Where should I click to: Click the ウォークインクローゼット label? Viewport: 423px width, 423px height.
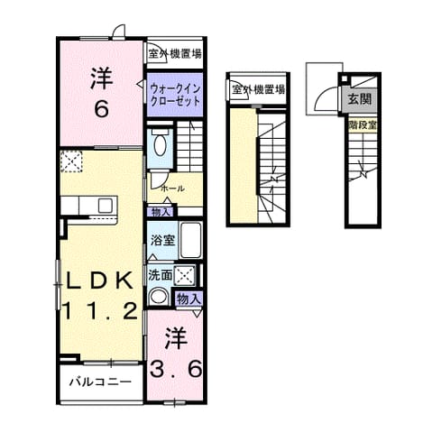tap(175, 95)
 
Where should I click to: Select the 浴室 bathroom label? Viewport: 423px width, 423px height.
tap(162, 240)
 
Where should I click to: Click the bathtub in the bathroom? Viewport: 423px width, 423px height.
tap(190, 240)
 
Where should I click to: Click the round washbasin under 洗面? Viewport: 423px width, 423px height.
tap(158, 297)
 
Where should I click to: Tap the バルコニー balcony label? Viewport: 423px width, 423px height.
tap(101, 382)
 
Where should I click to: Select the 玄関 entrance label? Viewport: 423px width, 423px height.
tap(360, 98)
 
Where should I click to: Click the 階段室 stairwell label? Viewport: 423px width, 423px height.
tap(363, 125)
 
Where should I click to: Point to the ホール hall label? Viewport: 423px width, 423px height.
tap(172, 189)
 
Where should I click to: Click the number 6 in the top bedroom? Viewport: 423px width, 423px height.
tap(102, 109)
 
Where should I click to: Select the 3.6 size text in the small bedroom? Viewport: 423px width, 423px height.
tap(176, 369)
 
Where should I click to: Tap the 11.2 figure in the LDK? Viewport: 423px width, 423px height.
tap(100, 310)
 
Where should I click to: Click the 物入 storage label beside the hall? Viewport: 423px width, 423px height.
tap(161, 212)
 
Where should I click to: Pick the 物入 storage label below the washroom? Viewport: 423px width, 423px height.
tap(189, 299)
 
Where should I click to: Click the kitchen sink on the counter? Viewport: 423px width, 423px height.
tap(106, 206)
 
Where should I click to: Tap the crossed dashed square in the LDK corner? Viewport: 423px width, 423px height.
tap(71, 161)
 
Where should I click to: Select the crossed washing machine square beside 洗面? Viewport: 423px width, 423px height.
tap(184, 274)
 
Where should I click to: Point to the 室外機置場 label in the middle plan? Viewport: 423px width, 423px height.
tap(258, 89)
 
